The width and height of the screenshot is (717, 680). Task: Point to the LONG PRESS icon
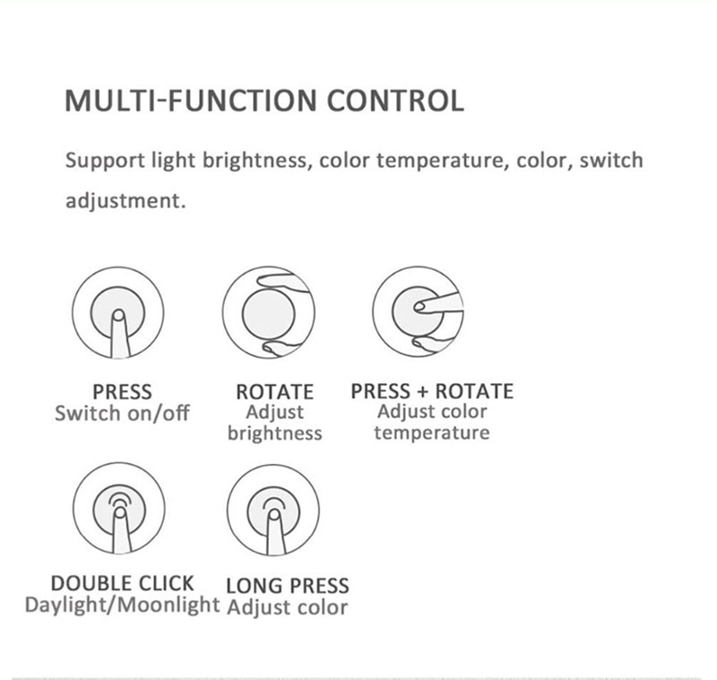[273, 510]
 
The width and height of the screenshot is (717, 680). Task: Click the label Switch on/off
[122, 414]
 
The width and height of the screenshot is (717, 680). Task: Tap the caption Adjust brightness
[274, 423]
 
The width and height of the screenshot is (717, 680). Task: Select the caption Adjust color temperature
[432, 423]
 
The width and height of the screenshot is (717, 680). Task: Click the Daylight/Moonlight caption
[122, 605]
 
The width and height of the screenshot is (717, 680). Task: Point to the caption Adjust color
[287, 607]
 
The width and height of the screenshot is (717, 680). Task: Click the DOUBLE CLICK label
[122, 583]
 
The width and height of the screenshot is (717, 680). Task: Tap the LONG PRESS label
[287, 586]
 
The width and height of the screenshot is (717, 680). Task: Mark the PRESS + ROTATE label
[432, 391]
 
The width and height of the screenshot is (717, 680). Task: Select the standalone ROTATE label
[274, 392]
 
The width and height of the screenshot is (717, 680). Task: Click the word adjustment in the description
[125, 200]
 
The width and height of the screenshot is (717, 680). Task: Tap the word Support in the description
[101, 162]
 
